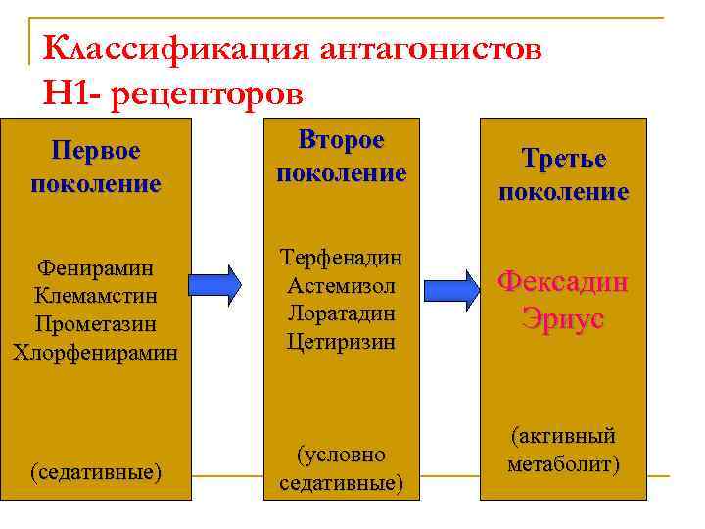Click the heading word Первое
click(x=96, y=152)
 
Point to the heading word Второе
click(x=341, y=139)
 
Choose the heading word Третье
click(x=563, y=159)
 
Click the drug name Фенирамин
click(x=96, y=266)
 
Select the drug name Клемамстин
click(x=96, y=295)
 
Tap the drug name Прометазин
click(x=96, y=323)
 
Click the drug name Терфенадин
click(x=341, y=258)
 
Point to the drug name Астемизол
click(x=341, y=286)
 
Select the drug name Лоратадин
click(x=341, y=314)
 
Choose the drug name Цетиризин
click(x=341, y=342)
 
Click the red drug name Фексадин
click(x=563, y=282)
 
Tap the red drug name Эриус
click(x=563, y=319)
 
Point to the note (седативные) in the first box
click(x=96, y=472)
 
